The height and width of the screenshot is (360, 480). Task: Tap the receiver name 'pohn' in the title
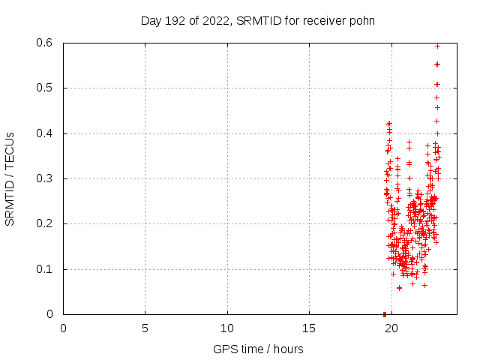[360, 20]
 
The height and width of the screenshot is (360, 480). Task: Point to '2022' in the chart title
[216, 20]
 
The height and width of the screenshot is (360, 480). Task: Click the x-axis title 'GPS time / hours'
[258, 349]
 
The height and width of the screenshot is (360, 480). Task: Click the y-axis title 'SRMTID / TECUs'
[10, 178]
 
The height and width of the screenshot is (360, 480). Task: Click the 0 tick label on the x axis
[63, 328]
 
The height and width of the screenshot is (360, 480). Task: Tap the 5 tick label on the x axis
[145, 328]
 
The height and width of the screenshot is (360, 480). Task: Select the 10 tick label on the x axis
[227, 328]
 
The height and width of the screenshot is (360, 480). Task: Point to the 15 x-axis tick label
[309, 328]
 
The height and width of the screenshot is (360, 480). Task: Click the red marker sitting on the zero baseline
[385, 313]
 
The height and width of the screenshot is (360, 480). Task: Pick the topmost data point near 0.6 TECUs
[437, 46]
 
